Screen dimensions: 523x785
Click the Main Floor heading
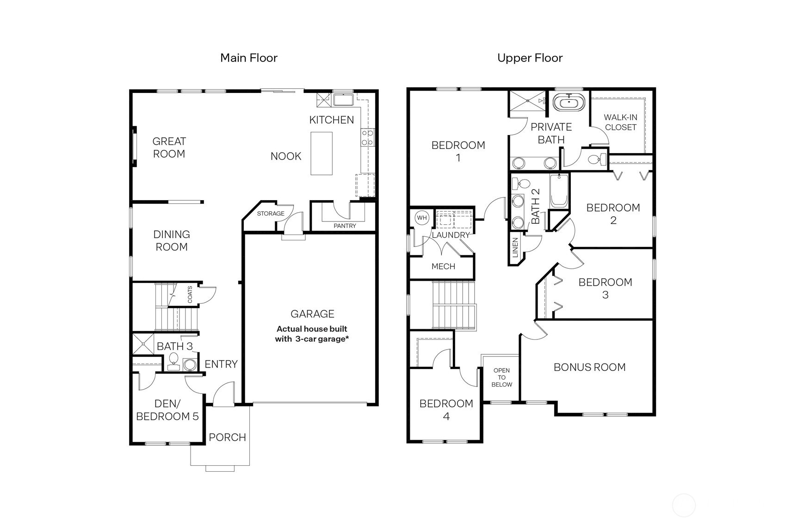[x=248, y=58]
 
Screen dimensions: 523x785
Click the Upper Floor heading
[x=530, y=58]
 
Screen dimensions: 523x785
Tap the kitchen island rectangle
[x=321, y=153]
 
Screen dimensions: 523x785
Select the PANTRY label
[x=345, y=226]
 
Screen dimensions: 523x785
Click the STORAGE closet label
[x=271, y=213]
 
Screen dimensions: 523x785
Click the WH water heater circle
[x=421, y=218]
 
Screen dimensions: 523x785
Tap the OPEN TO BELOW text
[x=501, y=377]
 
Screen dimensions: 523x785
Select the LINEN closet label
[x=515, y=248]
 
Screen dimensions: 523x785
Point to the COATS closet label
[x=190, y=295]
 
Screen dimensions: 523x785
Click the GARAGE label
[x=312, y=314]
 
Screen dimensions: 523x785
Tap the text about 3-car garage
[x=312, y=334]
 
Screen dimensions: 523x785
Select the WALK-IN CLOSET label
[x=620, y=123]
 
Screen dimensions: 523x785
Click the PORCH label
[x=227, y=437]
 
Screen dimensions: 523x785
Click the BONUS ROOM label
[x=589, y=367]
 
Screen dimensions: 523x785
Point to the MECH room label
[x=443, y=266]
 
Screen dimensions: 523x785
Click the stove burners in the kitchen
[x=367, y=138]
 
